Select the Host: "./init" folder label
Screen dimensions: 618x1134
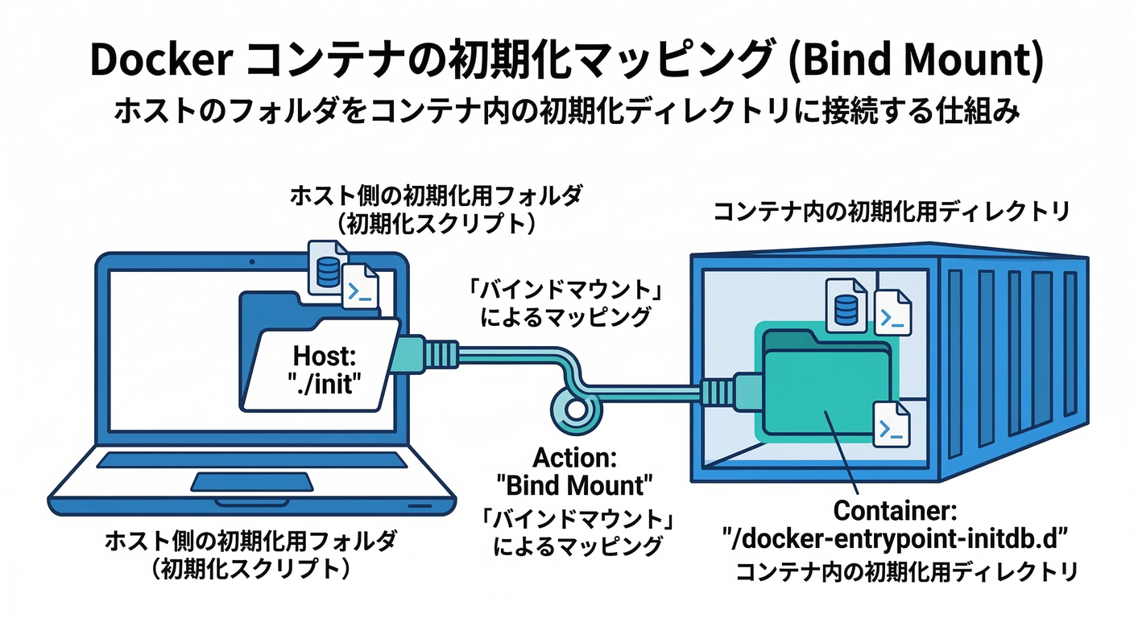[x=325, y=368]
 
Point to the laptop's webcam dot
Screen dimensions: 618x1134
[x=252, y=263]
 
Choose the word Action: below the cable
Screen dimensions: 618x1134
[x=574, y=459]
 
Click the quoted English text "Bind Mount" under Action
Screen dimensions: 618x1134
[x=574, y=485]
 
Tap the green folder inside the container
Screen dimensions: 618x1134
[x=822, y=386]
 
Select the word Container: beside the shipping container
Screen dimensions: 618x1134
[x=894, y=510]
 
